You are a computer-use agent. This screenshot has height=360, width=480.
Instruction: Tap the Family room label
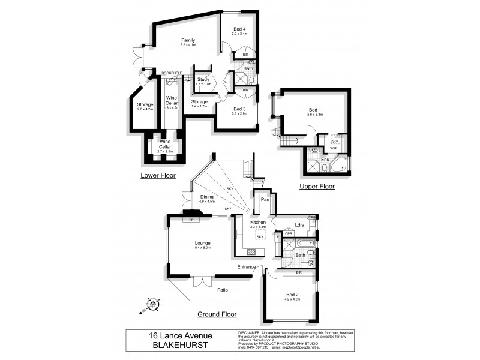point(188,40)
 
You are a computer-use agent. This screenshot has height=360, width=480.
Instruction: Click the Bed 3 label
point(239,109)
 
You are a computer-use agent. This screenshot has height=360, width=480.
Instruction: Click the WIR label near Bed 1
point(334,148)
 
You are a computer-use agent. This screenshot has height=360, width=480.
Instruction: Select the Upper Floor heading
point(317,187)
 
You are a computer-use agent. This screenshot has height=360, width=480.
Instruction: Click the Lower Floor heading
point(158,175)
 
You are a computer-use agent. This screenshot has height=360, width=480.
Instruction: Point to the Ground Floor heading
point(217,314)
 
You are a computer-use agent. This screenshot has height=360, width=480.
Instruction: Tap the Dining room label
point(207,196)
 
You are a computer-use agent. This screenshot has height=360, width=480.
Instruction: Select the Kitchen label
point(259,222)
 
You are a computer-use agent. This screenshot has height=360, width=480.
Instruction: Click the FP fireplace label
point(191,220)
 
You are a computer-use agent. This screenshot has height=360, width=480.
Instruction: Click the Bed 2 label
point(293,294)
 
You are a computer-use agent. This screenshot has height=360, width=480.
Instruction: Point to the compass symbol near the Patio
point(153,305)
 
